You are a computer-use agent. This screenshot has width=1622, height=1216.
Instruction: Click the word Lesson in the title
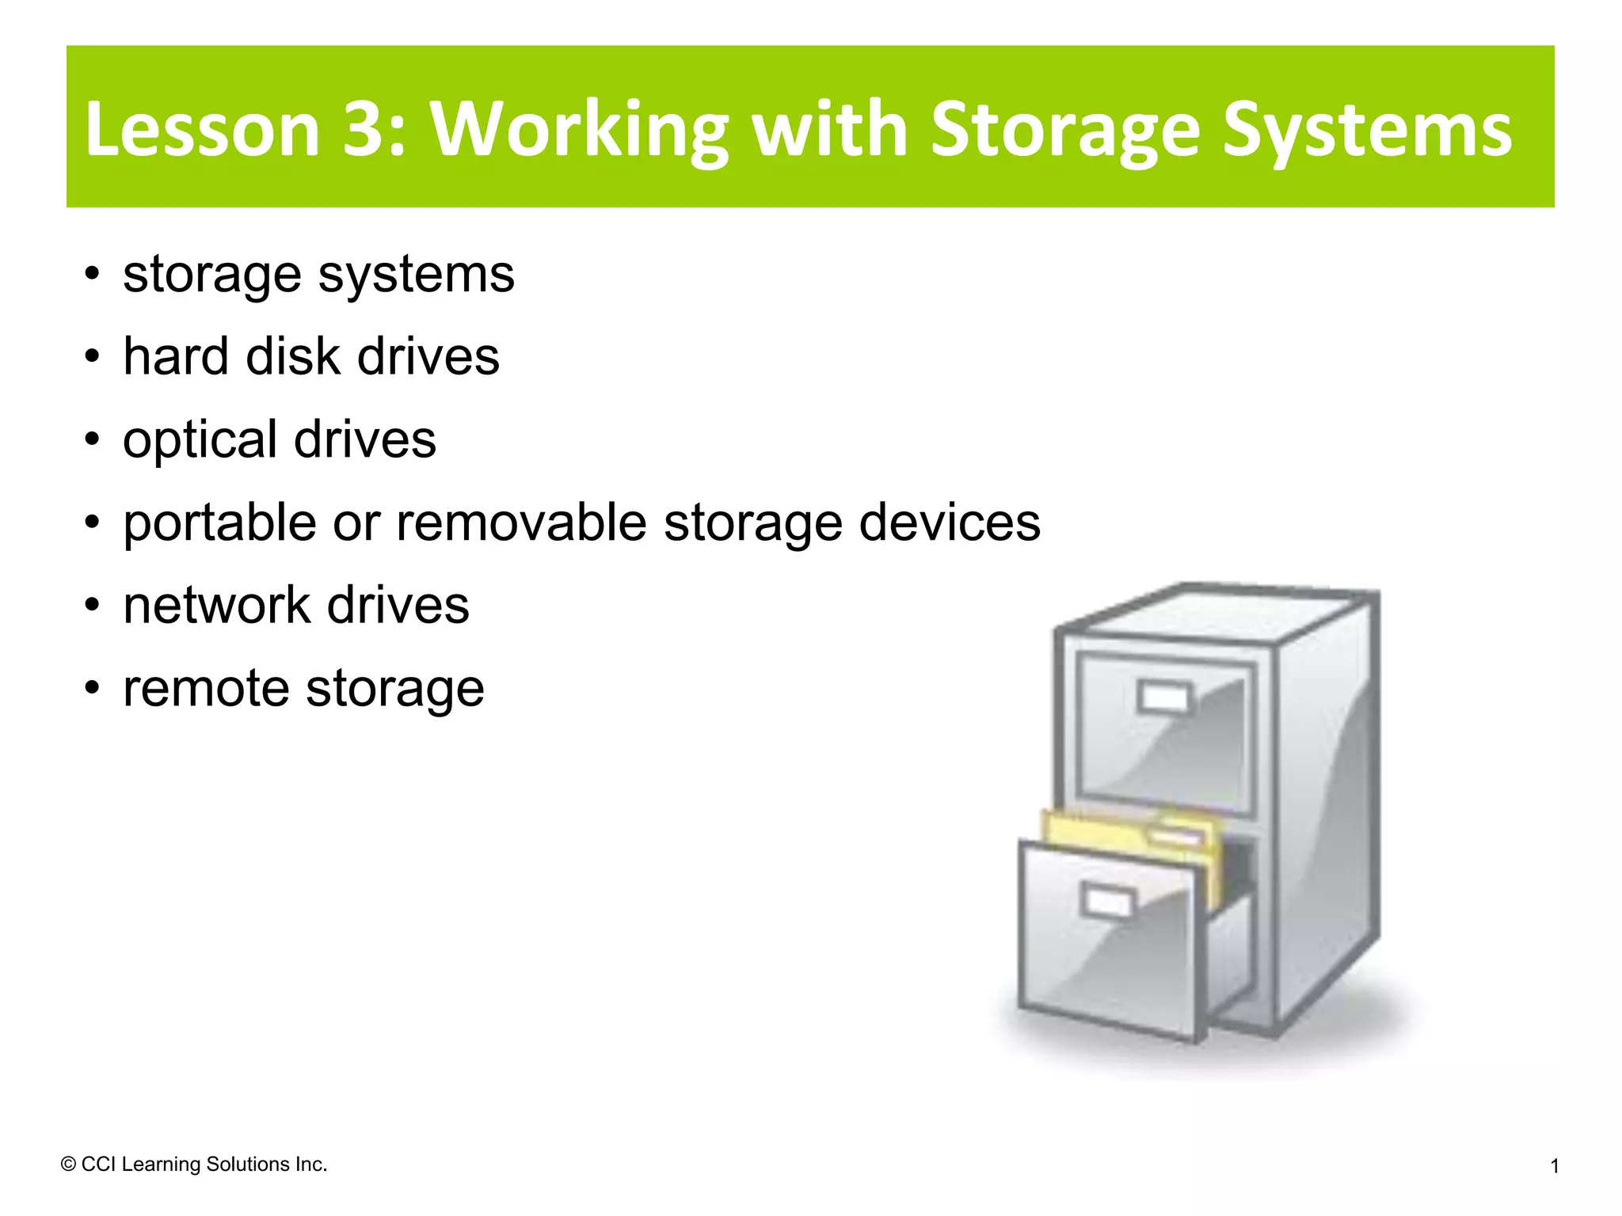tap(202, 129)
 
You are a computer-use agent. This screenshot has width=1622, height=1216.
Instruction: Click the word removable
tap(521, 523)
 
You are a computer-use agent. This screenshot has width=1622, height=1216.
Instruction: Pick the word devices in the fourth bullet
tap(950, 523)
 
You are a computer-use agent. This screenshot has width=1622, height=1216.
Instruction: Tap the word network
tap(215, 606)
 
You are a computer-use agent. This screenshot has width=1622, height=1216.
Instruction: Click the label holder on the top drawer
tap(1163, 697)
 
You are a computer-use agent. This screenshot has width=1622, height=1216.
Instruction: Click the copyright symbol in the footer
tap(68, 1165)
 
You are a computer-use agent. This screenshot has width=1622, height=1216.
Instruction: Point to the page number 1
tap(1555, 1166)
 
